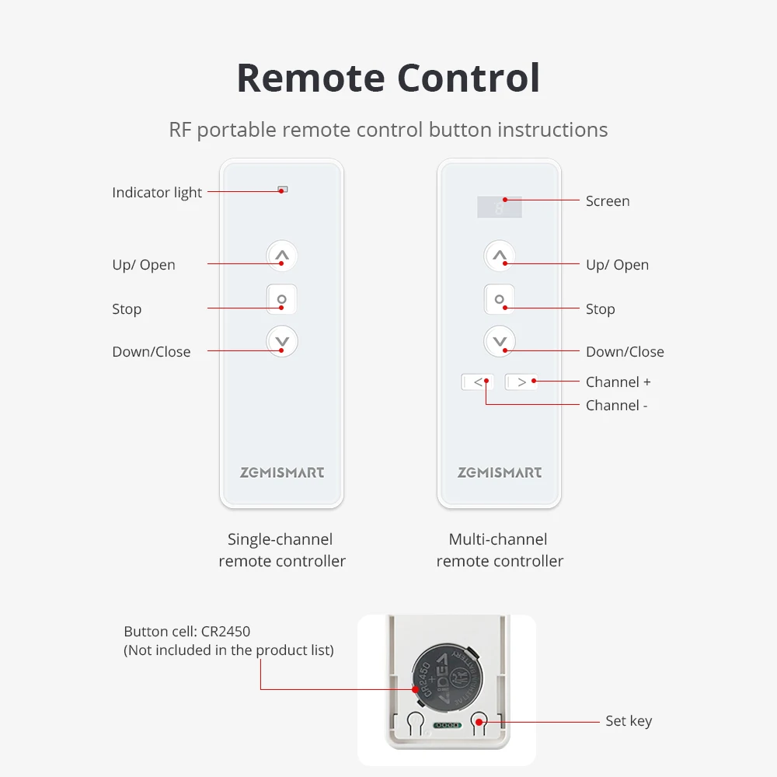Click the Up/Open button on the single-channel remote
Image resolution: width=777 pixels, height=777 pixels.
point(282,255)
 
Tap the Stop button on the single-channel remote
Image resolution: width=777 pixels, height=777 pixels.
point(282,299)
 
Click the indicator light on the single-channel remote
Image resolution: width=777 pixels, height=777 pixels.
point(282,190)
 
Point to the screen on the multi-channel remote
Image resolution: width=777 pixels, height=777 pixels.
point(500,207)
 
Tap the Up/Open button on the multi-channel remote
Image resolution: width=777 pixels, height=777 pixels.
point(500,255)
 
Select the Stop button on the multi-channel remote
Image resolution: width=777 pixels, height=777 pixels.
point(500,299)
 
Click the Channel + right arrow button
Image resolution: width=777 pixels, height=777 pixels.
point(521,382)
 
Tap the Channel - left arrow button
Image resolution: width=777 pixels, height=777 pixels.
point(478,382)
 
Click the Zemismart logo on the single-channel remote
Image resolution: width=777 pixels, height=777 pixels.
point(282,472)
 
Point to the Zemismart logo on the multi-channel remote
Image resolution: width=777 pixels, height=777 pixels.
point(500,472)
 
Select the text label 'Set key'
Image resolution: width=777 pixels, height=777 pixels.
point(629,721)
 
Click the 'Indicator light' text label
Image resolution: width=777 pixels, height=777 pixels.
point(157,193)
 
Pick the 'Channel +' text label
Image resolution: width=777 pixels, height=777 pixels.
point(618,382)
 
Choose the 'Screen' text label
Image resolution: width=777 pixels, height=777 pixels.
point(608,201)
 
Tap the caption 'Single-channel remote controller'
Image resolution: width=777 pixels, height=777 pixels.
point(281,550)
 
